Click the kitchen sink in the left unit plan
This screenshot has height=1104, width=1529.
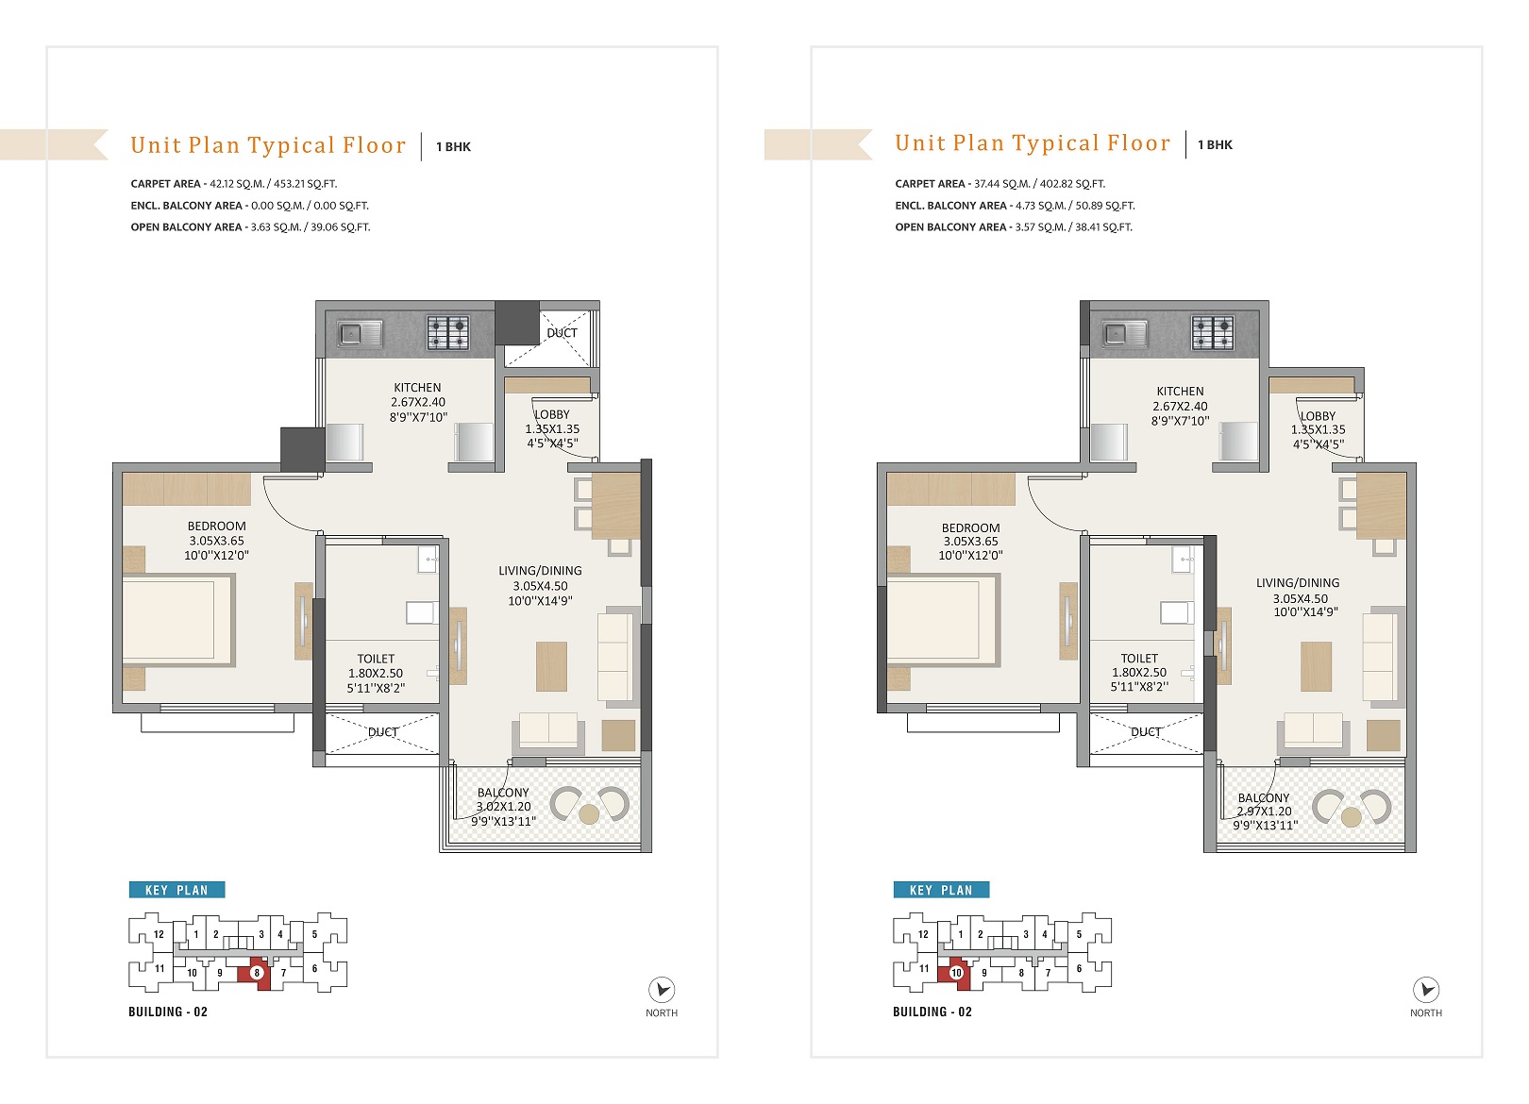(360, 334)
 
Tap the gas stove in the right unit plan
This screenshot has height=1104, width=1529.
(1212, 334)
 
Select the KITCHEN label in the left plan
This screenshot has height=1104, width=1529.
(417, 388)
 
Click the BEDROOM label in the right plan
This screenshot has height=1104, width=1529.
(970, 528)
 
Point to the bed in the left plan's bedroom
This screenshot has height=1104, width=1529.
(178, 620)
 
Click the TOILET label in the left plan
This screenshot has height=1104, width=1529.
(376, 659)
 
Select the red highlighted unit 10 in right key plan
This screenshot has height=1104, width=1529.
(954, 971)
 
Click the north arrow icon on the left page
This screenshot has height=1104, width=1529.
(662, 990)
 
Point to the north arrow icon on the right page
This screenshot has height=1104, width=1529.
(1426, 990)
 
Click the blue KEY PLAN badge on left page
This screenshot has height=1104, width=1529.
(176, 890)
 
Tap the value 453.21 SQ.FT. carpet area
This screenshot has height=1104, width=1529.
(305, 184)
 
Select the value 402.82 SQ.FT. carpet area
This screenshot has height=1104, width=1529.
(1072, 184)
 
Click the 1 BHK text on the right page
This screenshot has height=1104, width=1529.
(1215, 144)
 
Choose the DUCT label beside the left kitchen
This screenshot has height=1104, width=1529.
(562, 333)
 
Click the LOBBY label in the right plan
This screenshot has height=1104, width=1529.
(1318, 416)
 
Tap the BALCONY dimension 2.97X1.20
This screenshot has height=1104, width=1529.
(1264, 811)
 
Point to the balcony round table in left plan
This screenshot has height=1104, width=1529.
(589, 814)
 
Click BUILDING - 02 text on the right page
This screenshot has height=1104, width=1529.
(933, 1012)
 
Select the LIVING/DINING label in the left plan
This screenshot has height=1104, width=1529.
(540, 571)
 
